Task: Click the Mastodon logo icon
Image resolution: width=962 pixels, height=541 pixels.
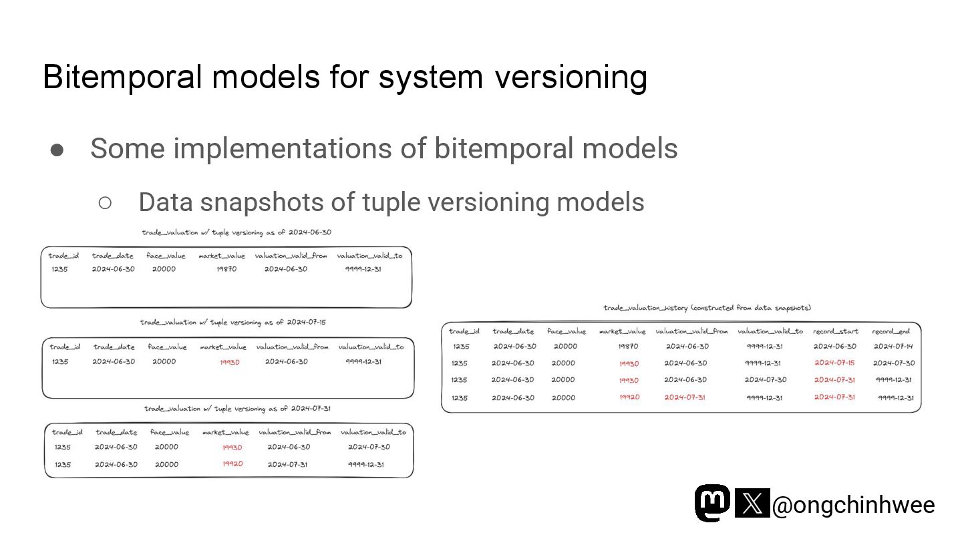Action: (712, 503)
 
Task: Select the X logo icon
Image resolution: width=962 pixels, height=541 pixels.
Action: (752, 503)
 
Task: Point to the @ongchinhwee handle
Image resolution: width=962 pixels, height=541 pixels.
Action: (853, 505)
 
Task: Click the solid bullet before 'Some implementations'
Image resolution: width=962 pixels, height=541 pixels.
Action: (57, 149)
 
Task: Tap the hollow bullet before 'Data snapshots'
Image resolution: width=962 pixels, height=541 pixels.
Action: (105, 202)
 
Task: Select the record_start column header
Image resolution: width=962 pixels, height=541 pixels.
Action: (835, 331)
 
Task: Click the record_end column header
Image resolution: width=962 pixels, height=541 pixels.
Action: (891, 331)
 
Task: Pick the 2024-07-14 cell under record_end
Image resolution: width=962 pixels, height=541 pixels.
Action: (893, 347)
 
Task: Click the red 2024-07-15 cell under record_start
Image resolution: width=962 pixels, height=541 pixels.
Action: (834, 363)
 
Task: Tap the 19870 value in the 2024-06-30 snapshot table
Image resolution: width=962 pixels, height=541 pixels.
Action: (226, 269)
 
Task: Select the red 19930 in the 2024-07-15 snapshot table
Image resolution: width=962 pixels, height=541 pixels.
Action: (230, 362)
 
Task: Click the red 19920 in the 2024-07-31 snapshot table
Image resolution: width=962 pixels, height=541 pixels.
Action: (232, 464)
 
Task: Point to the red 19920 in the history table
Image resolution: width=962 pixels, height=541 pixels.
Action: (629, 397)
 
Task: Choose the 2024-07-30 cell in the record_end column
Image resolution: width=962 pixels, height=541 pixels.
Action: (893, 363)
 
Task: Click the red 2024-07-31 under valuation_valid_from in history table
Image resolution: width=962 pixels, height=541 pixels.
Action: (685, 397)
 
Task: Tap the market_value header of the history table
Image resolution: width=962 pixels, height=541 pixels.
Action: (622, 331)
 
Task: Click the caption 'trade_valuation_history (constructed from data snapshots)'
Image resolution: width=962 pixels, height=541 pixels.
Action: (707, 308)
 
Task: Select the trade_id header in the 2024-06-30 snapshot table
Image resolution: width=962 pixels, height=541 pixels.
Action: (63, 256)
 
